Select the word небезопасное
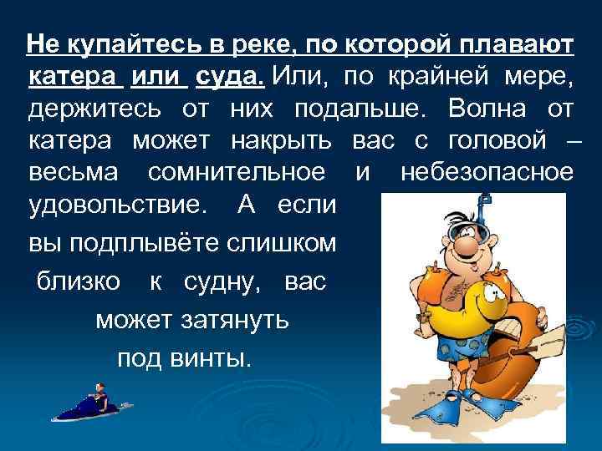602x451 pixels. [488, 174]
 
